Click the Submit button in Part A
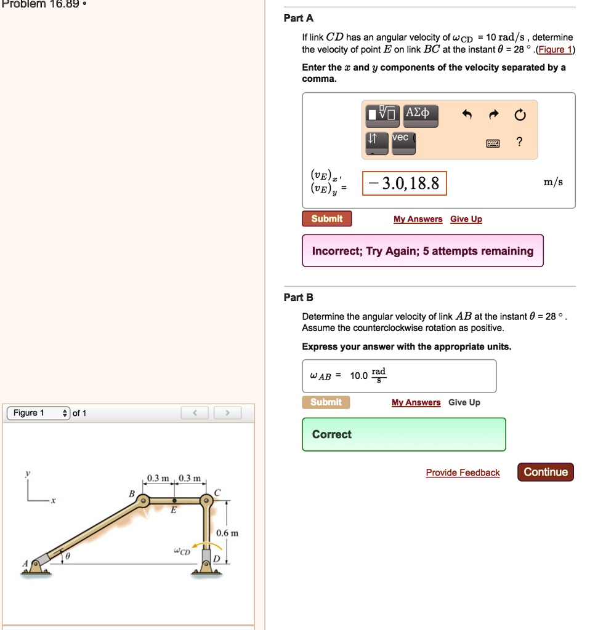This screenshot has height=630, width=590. pyautogui.click(x=326, y=219)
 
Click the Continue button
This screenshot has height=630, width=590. pyautogui.click(x=546, y=472)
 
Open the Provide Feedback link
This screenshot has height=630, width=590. pyautogui.click(x=463, y=472)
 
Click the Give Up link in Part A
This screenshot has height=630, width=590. pyautogui.click(x=466, y=219)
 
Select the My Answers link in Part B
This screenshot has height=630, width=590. pyautogui.click(x=416, y=402)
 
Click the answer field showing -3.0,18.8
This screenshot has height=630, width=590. pyautogui.click(x=405, y=183)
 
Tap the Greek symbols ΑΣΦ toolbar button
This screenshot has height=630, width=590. pyautogui.click(x=421, y=114)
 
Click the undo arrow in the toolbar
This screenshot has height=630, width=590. pyautogui.click(x=467, y=115)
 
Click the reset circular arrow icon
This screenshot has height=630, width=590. pyautogui.click(x=520, y=115)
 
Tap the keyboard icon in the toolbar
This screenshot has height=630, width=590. pyautogui.click(x=493, y=143)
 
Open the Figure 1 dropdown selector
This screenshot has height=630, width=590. pyautogui.click(x=38, y=413)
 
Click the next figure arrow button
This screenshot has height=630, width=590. pyautogui.click(x=227, y=413)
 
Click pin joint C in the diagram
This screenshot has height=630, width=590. pyautogui.click(x=208, y=502)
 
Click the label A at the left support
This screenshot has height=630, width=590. pyautogui.click(x=25, y=563)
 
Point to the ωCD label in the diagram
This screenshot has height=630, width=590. pyautogui.click(x=181, y=551)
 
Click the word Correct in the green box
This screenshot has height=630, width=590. pyautogui.click(x=331, y=434)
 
